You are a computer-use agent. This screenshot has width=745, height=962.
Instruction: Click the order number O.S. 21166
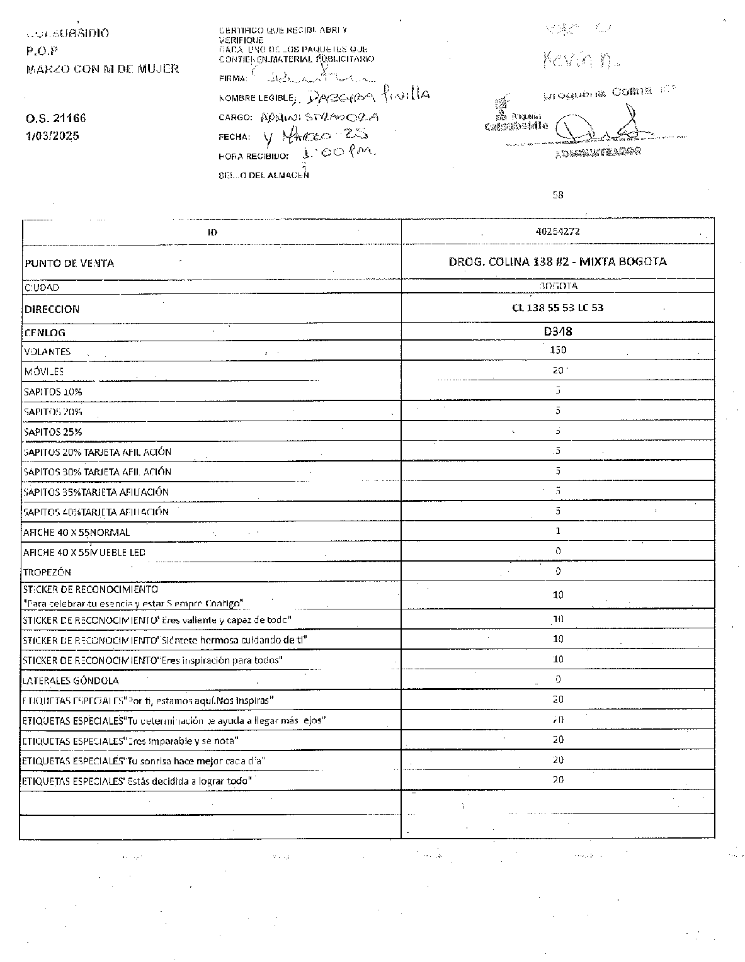pos(56,118)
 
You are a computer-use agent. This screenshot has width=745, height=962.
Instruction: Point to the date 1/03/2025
pos(52,136)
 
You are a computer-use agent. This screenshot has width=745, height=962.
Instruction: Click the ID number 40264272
pos(557,232)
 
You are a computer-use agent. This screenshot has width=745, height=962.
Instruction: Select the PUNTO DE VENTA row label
pos(69,263)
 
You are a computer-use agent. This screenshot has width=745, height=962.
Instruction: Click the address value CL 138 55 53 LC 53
pos(558,308)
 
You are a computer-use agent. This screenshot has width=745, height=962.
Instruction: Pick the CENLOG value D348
pos(558,331)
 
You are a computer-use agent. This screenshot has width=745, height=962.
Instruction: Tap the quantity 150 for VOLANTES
pos(558,350)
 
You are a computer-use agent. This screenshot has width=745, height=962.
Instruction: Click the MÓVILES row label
pos(44,371)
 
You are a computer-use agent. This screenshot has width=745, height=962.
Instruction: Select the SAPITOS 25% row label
pos(53,432)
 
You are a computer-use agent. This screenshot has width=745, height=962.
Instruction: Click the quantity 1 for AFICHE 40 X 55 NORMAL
pos(558,531)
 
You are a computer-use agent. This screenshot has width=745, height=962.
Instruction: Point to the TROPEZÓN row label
pos(47,572)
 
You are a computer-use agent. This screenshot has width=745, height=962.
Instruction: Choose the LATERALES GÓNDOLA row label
pos(71,681)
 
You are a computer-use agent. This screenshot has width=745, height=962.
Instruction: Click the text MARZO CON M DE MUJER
pos(103,69)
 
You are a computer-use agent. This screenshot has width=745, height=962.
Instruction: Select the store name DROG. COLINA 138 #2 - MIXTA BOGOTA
pos(558,261)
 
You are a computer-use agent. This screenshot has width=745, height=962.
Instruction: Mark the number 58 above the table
pos(558,195)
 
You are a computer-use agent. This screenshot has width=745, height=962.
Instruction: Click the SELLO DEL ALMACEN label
pos(264,176)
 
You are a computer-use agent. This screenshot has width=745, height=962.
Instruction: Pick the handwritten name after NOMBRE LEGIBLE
pos(365,96)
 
